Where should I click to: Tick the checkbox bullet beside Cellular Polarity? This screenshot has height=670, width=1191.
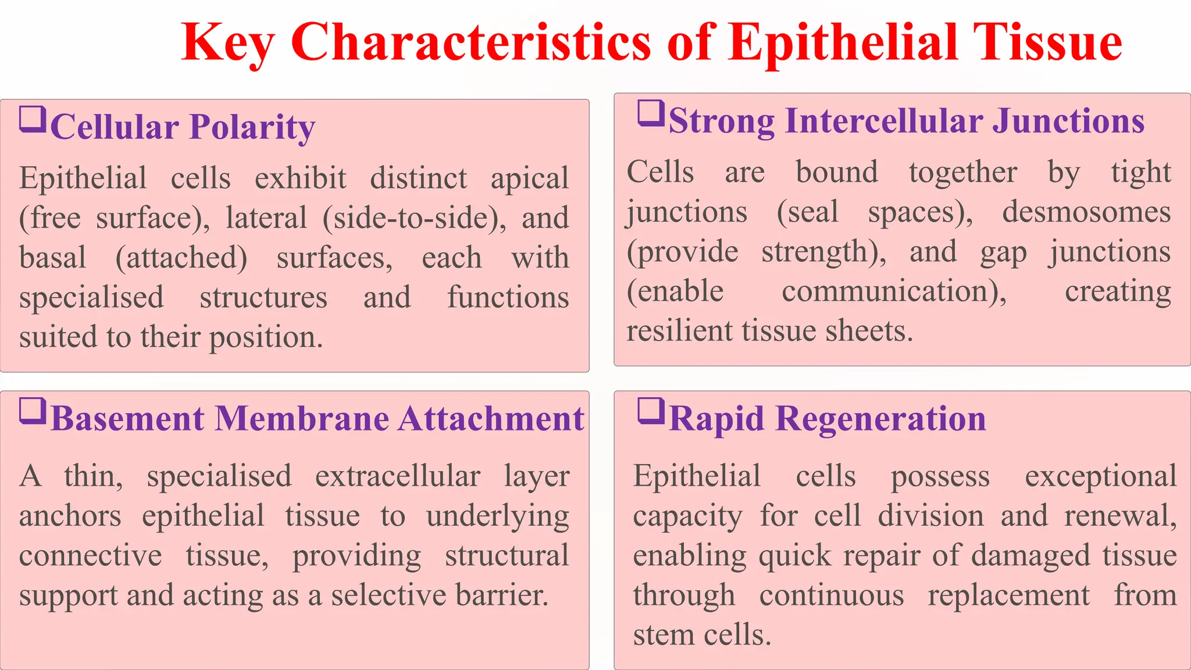[33, 119]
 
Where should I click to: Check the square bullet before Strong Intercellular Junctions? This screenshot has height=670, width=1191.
[651, 113]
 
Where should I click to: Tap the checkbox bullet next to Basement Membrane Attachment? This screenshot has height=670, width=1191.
[33, 411]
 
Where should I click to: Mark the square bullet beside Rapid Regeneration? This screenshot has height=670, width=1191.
[651, 411]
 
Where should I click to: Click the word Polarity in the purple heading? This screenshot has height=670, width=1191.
[252, 127]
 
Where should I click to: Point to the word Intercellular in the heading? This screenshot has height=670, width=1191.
[883, 121]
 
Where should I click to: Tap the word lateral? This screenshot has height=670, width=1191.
[266, 218]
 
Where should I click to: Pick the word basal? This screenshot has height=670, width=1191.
[53, 258]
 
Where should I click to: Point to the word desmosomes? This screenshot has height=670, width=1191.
[1086, 212]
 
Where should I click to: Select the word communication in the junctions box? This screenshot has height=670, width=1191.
[894, 291]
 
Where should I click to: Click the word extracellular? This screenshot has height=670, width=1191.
[398, 476]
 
